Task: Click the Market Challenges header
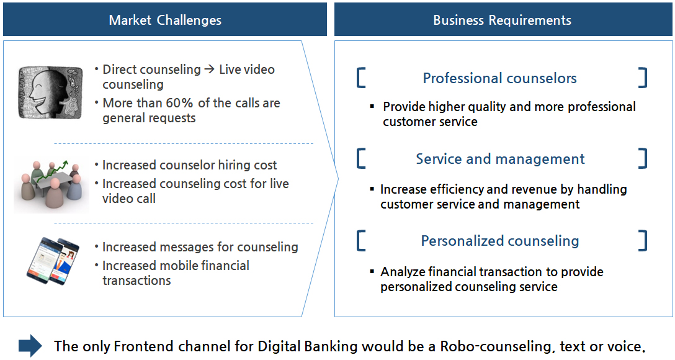pos(165,20)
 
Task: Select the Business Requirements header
pos(503,20)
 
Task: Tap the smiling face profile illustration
pos(50,92)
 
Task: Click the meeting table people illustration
pos(51,185)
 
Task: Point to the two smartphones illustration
pos(53,261)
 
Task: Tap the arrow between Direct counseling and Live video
pos(210,70)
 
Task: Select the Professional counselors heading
pos(500,78)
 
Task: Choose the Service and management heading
pos(500,159)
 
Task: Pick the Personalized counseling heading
pos(500,241)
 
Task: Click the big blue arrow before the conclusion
pos(30,346)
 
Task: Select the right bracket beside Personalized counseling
pos(643,241)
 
